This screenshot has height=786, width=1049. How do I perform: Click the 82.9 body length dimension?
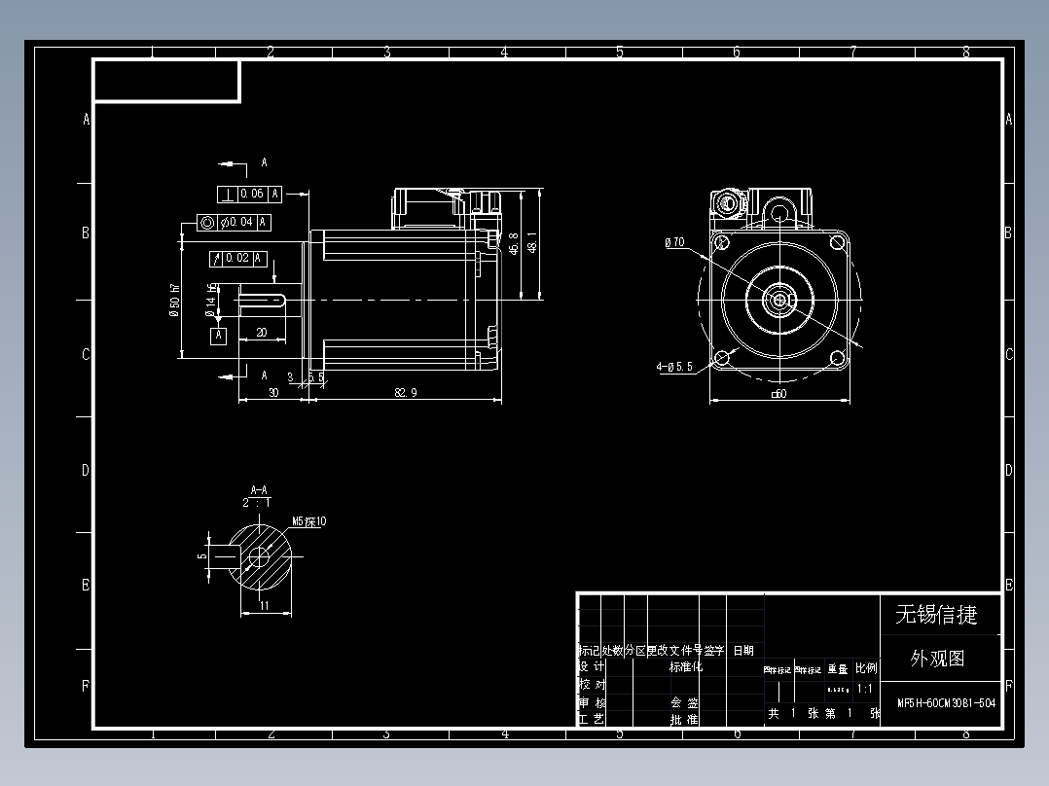click(x=406, y=392)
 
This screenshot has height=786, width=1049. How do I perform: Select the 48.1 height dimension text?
click(x=531, y=242)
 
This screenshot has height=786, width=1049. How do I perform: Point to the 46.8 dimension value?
click(x=513, y=242)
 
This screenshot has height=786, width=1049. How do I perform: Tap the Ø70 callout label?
click(x=674, y=243)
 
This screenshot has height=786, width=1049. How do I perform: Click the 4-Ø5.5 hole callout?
click(x=674, y=367)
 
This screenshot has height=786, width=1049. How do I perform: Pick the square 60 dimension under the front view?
click(x=778, y=393)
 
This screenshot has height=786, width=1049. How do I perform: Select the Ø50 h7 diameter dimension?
click(x=175, y=300)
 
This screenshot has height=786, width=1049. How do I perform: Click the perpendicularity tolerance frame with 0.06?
click(x=248, y=194)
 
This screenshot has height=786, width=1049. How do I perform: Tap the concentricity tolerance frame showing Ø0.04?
click(x=234, y=223)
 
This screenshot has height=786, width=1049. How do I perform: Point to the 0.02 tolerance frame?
click(x=237, y=258)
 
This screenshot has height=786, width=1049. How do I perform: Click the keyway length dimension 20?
click(x=261, y=333)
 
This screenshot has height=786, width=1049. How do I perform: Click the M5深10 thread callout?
click(x=309, y=521)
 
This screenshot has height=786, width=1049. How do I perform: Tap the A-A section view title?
click(x=259, y=489)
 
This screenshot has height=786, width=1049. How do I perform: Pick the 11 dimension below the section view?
click(x=265, y=606)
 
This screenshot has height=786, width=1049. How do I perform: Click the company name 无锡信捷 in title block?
click(x=935, y=614)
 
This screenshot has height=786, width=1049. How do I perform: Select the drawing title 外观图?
click(x=937, y=659)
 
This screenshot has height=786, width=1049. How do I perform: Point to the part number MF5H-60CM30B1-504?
click(x=945, y=702)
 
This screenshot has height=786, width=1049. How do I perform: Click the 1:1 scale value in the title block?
click(x=863, y=689)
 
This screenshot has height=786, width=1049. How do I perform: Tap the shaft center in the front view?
click(x=780, y=301)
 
